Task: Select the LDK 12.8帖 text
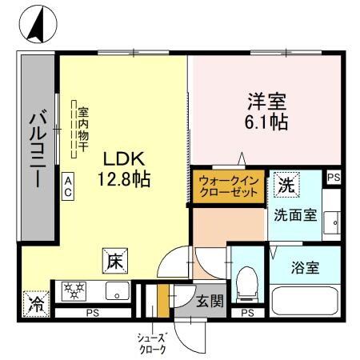[x=122, y=166]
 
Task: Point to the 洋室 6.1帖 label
[x=264, y=113]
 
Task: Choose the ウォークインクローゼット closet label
[x=227, y=187]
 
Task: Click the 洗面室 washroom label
[x=293, y=214]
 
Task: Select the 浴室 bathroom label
[x=306, y=267]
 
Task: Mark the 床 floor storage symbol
[x=114, y=260]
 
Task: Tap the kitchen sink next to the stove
[x=118, y=290]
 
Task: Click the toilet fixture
[x=248, y=281]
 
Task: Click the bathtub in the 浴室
[x=306, y=300]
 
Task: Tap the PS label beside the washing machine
[x=334, y=178]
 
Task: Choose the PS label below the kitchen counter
[x=94, y=313]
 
